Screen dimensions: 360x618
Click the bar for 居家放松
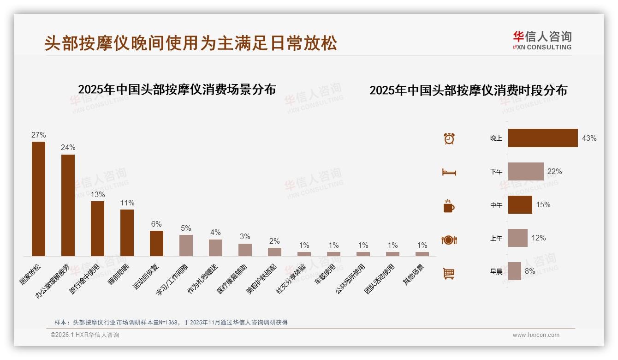[x=38, y=198]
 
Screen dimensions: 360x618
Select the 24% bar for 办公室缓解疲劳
[x=68, y=205]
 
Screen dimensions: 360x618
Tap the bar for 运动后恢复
[x=156, y=243]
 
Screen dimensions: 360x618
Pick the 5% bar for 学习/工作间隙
[x=186, y=245]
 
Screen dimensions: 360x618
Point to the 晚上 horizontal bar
[x=543, y=138]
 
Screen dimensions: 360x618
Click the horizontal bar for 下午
[x=526, y=171]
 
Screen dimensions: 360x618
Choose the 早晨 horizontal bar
[x=515, y=271]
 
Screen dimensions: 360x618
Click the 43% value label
[x=589, y=138]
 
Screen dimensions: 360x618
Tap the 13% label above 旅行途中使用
[x=97, y=195]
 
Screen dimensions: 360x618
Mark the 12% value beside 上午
[x=538, y=238]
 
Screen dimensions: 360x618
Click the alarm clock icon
[x=449, y=138]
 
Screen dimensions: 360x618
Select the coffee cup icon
[x=449, y=206]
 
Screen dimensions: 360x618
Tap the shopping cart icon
[x=449, y=273]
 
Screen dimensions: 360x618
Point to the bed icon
[x=449, y=172]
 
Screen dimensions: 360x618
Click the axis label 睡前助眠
[x=119, y=275]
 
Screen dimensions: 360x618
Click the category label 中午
[x=496, y=205]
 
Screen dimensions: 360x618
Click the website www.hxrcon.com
[x=536, y=335]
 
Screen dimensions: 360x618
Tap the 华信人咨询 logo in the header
[x=542, y=40]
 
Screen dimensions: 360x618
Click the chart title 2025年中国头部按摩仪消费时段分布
[x=468, y=90]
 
